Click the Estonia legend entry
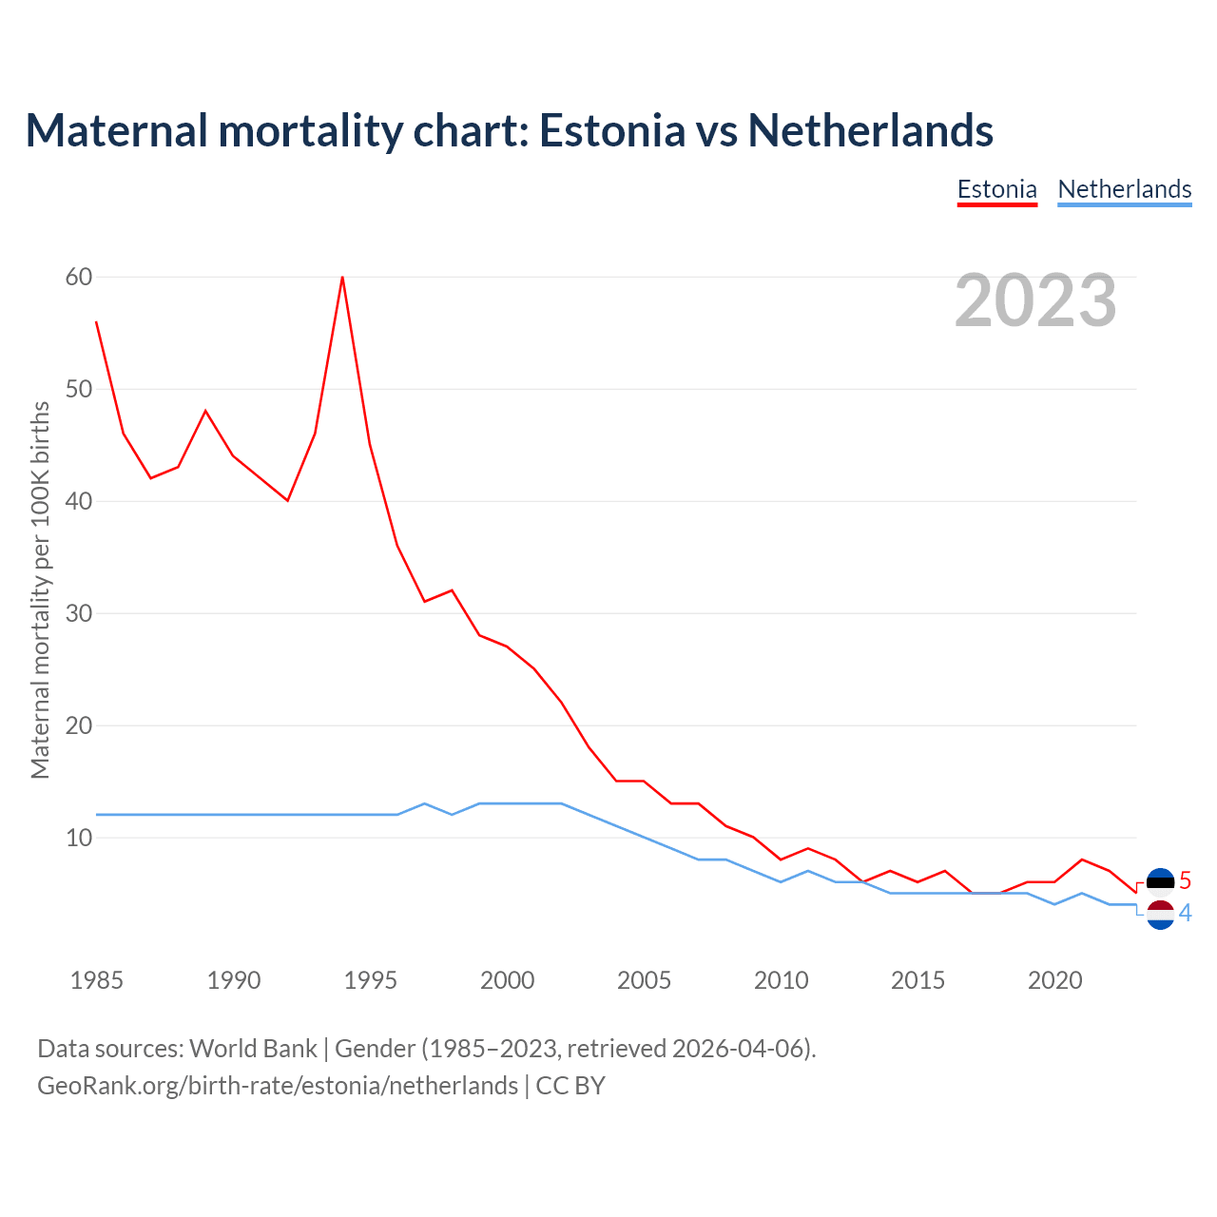click(x=996, y=189)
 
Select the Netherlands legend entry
click(x=1124, y=189)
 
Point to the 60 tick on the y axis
click(x=79, y=277)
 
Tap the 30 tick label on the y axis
click(x=79, y=613)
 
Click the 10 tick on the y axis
click(x=79, y=838)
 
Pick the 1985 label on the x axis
click(x=97, y=980)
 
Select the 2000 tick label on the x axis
click(x=507, y=980)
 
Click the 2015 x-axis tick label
click(x=918, y=980)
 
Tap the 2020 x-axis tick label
click(x=1054, y=980)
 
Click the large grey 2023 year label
click(x=1035, y=300)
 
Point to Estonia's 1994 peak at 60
click(x=342, y=278)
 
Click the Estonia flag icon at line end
click(x=1160, y=881)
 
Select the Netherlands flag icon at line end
click(x=1160, y=915)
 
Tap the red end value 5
click(x=1185, y=881)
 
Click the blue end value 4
click(x=1185, y=914)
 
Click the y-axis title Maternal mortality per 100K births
click(x=40, y=589)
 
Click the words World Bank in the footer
click(x=253, y=1049)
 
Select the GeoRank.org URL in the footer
click(x=278, y=1086)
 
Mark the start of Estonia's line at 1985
click(x=97, y=322)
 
